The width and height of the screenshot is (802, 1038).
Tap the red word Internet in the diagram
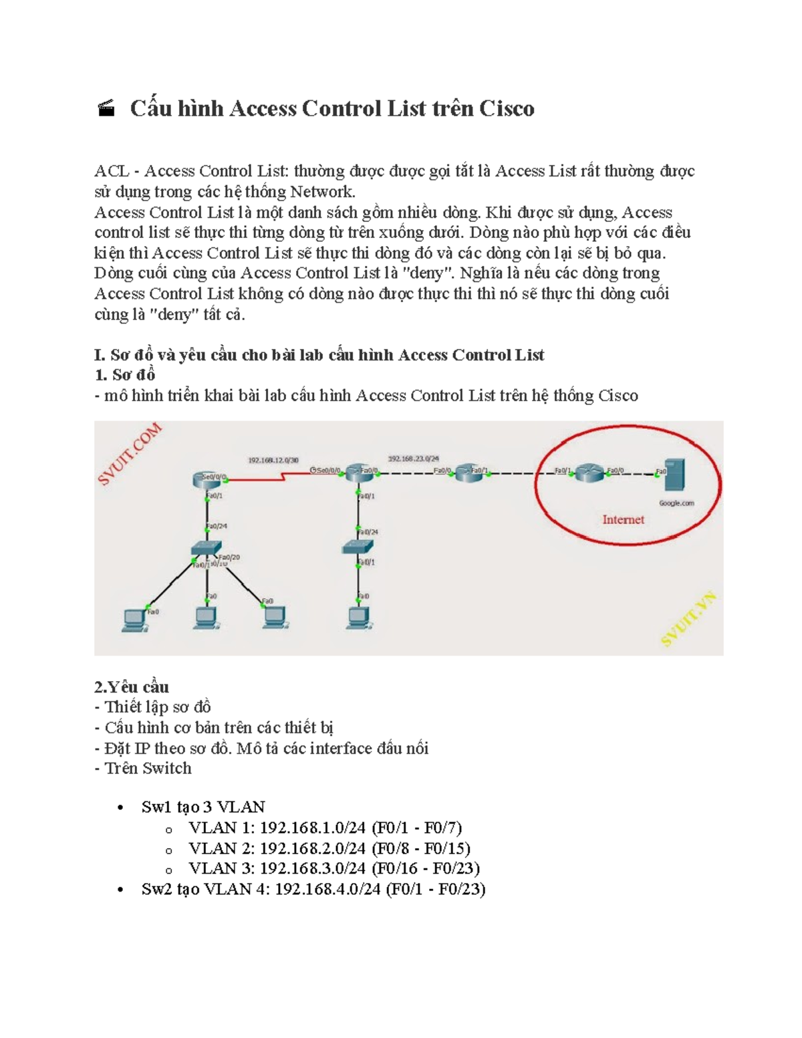point(623,519)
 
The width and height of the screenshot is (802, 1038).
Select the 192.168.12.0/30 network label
point(273,460)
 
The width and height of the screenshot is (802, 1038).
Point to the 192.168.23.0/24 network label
point(413,459)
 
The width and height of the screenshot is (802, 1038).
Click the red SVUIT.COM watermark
point(130,454)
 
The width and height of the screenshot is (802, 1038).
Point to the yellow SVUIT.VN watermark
point(688,619)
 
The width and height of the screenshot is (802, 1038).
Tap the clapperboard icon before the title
point(106,108)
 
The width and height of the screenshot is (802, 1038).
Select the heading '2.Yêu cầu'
point(132,687)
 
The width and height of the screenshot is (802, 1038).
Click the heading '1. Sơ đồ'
point(125,375)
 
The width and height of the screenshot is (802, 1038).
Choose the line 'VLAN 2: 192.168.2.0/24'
point(329,848)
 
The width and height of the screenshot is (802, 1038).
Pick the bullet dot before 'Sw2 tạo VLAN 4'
point(120,890)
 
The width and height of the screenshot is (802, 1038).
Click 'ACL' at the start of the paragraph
point(112,172)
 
